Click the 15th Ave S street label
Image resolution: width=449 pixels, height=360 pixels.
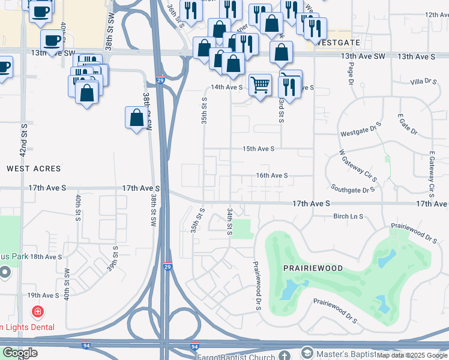[x=258, y=148]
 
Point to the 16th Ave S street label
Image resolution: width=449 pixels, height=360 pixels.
[x=272, y=175]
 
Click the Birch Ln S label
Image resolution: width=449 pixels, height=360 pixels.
[x=349, y=217]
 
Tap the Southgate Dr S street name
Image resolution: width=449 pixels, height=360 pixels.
[x=352, y=189]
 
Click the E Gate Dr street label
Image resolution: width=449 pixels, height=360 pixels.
[x=407, y=126]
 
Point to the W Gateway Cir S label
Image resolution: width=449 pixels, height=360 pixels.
[x=357, y=166]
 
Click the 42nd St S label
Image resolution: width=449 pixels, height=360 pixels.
[x=23, y=141]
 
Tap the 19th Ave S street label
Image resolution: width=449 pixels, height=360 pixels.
[x=43, y=295]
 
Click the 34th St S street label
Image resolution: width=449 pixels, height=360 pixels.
[x=230, y=222]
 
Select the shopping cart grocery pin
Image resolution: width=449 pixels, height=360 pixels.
[x=259, y=85]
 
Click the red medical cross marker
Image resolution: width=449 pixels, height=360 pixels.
[x=37, y=312]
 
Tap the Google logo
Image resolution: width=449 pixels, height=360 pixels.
[x=20, y=353]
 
